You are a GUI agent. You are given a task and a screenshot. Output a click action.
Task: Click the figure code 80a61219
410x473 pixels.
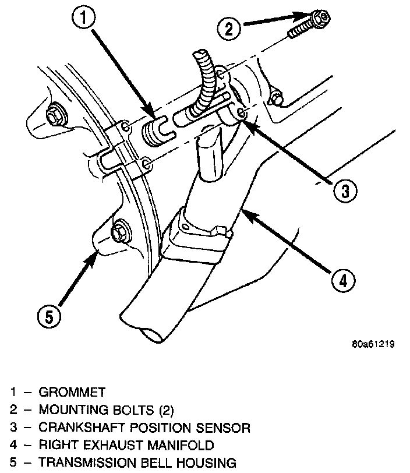point(373,344)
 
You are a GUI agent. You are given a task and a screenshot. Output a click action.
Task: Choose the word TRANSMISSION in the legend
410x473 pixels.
point(89,463)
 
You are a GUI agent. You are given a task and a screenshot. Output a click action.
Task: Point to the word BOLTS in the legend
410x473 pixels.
point(132,410)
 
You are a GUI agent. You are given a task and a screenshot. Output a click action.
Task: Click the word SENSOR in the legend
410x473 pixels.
point(227,428)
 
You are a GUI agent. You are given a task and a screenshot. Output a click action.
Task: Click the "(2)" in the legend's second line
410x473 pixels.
point(165,410)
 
